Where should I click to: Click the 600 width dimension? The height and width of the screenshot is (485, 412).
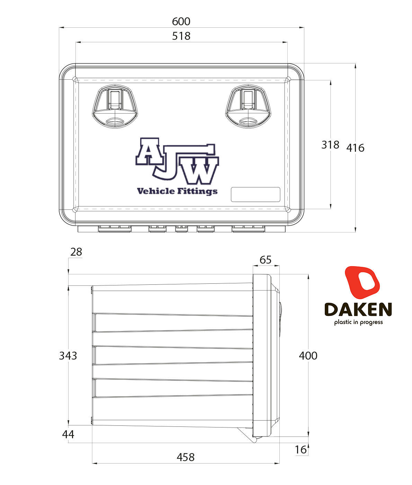181,21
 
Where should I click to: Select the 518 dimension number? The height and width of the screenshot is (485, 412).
181,36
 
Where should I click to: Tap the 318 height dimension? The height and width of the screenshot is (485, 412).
330,144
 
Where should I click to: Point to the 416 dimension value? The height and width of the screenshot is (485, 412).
356,148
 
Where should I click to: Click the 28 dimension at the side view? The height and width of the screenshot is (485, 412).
76,252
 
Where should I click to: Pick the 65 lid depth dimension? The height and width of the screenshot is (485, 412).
266,259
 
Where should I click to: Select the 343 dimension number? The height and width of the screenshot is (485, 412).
68,355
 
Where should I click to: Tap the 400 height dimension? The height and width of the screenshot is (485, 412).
308,355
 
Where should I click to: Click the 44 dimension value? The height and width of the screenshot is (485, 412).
68,434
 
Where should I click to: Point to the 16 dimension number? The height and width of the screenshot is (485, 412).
301,450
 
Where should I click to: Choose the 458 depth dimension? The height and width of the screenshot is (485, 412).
186,457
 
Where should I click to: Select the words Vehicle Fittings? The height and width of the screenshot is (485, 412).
177,191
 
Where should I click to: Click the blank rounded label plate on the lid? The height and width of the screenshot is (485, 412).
256,194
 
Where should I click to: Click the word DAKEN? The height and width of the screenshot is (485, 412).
358,309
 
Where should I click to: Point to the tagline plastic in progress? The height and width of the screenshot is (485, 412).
358,322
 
